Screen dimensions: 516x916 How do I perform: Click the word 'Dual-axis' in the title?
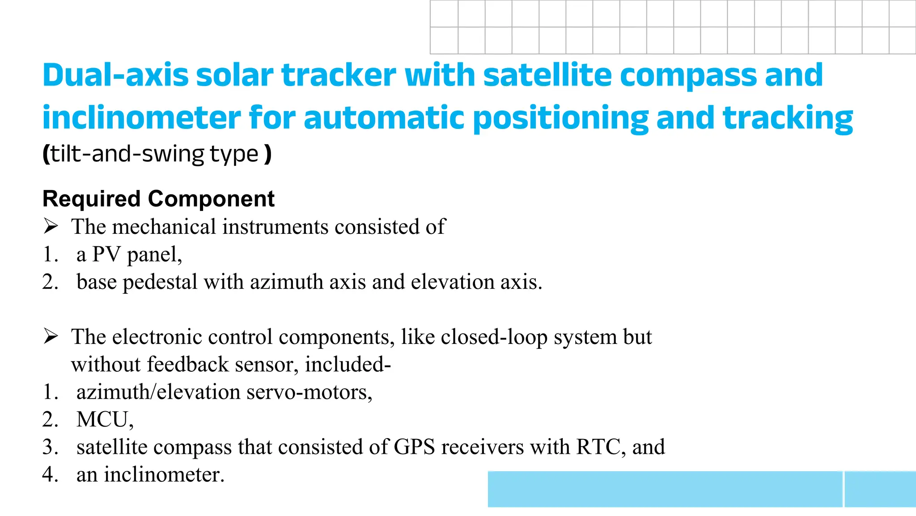point(115,75)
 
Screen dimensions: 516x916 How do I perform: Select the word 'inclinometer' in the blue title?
point(141,118)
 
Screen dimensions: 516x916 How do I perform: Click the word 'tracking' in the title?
point(788,118)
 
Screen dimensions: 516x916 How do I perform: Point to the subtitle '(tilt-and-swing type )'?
point(157,154)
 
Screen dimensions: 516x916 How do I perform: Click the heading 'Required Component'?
point(158,199)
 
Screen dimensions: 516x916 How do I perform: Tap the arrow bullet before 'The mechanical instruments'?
point(51,226)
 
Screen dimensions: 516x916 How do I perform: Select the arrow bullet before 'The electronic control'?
point(51,336)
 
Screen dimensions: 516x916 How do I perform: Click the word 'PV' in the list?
point(106,254)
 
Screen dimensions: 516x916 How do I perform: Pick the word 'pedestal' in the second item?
point(160,282)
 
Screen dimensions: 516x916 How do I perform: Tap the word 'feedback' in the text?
point(188,364)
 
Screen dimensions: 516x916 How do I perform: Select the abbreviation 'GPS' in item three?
point(414,447)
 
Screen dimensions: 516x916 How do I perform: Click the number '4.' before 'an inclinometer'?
point(50,474)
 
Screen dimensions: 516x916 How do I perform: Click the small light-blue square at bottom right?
point(880,489)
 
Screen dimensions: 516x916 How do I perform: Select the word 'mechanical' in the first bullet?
point(164,227)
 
